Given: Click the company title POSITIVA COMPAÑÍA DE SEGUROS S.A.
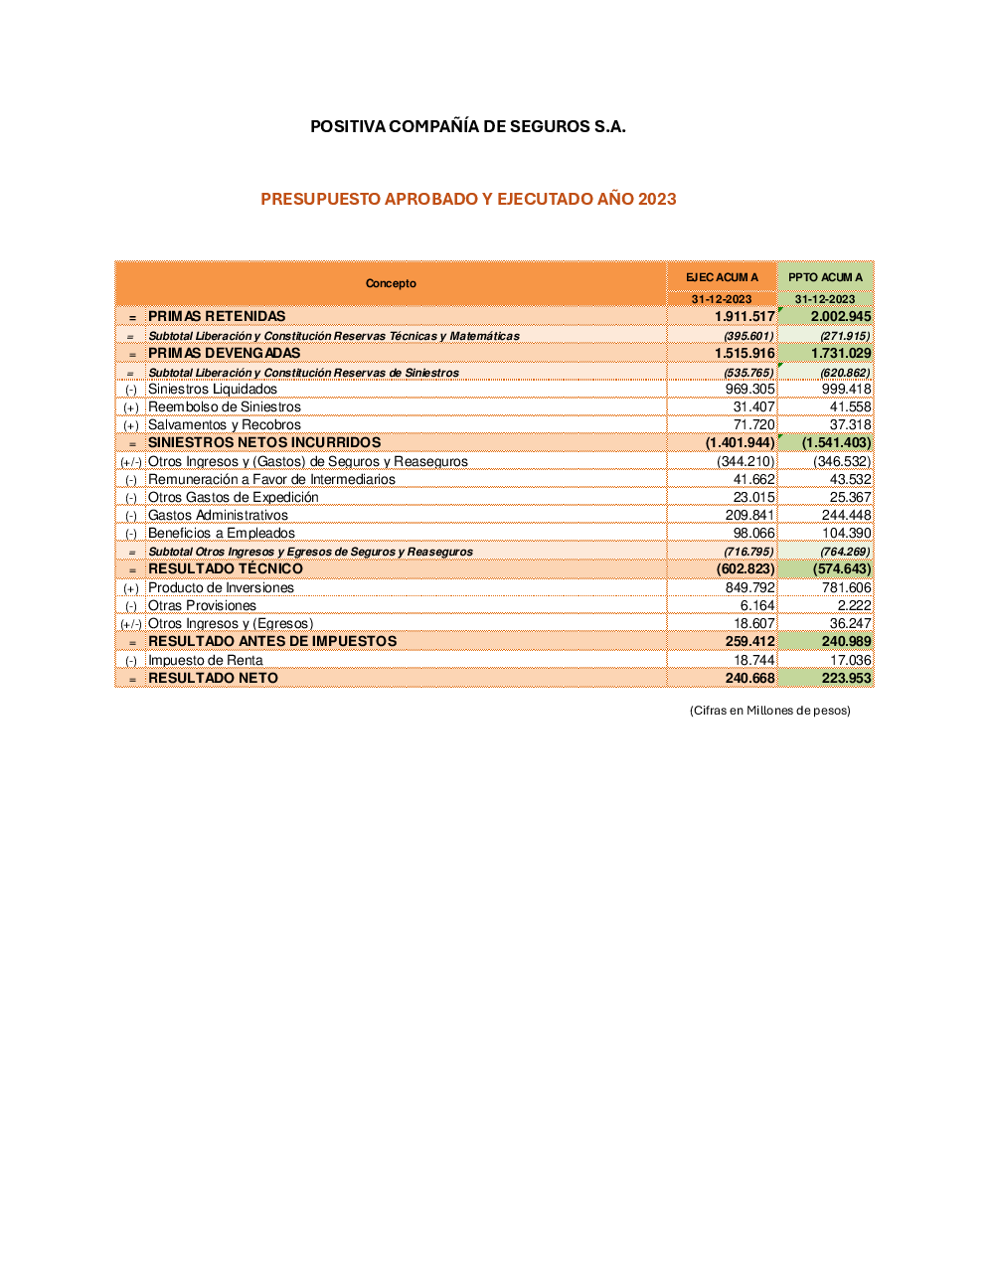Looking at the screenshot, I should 467,126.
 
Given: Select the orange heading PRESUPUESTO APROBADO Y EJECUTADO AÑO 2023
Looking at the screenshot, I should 468,199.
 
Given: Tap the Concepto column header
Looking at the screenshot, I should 391,283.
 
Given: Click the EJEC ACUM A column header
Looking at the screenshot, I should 722,277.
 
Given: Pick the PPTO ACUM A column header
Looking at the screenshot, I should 825,277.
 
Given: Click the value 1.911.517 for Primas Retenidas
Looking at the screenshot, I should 744,316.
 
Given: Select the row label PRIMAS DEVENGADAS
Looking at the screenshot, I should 224,353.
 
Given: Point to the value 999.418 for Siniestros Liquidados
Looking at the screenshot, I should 846,389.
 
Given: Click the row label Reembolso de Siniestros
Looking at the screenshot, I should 224,406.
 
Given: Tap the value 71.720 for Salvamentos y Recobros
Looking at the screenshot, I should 753,424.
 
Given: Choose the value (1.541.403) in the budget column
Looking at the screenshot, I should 836,442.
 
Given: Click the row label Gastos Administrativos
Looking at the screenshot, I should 218,515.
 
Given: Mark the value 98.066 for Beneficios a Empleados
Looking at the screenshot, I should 753,533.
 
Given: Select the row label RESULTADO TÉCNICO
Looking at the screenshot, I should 225,568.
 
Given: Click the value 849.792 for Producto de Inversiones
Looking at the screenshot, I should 749,587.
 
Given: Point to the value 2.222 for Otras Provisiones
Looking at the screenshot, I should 854,605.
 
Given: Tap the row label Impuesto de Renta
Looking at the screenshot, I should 205,660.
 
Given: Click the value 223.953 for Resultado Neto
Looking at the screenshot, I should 846,678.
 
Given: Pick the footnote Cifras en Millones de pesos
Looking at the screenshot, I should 769,710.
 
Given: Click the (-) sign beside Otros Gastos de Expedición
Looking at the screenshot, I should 131,498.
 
